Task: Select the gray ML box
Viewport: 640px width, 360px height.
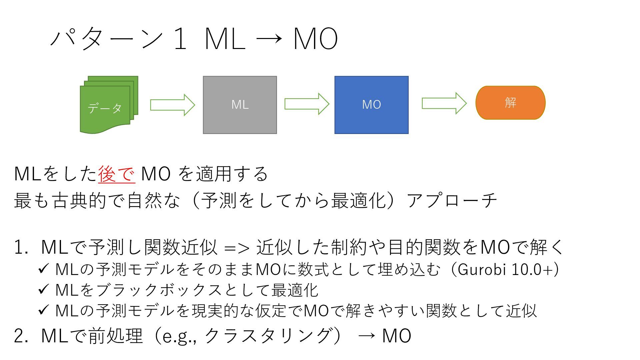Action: (x=240, y=105)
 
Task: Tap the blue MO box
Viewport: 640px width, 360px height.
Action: (x=371, y=105)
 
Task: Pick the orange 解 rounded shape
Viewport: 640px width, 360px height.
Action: (x=510, y=103)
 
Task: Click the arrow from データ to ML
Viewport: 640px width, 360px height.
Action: (x=172, y=105)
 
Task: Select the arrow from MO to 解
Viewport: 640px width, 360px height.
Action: (x=444, y=103)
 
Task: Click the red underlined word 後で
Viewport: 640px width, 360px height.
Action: (x=117, y=174)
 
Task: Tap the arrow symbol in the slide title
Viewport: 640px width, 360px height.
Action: (x=269, y=39)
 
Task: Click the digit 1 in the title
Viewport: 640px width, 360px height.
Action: (x=180, y=39)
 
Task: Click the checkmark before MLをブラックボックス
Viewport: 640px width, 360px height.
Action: (x=44, y=289)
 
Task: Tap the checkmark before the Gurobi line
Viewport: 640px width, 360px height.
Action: (x=44, y=269)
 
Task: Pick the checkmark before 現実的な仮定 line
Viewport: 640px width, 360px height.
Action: (x=44, y=310)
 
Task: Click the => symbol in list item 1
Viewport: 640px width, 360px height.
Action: (x=237, y=248)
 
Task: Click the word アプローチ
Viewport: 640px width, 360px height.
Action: (x=452, y=201)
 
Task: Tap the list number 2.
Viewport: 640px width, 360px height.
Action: (x=20, y=336)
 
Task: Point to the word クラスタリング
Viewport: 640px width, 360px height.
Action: (x=268, y=335)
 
